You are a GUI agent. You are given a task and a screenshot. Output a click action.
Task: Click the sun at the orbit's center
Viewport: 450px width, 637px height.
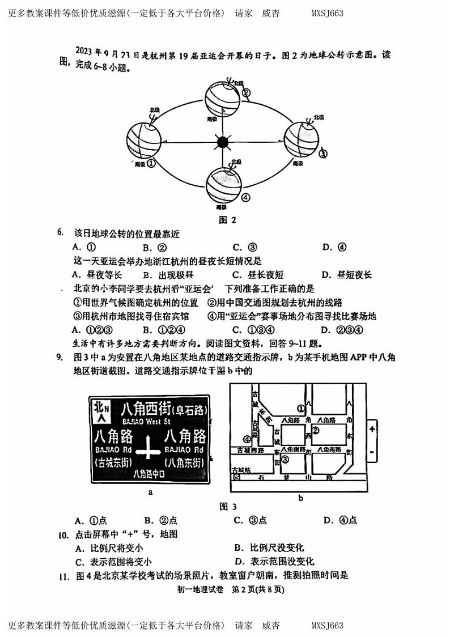[222, 142]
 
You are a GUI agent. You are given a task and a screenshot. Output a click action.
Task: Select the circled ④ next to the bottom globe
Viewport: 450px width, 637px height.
[245, 197]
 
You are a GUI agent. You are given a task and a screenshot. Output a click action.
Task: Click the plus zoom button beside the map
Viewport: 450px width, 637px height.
[372, 429]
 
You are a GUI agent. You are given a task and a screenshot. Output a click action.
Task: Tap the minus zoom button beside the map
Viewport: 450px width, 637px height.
[372, 452]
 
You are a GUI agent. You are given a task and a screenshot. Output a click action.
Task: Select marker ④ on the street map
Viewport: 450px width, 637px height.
[247, 439]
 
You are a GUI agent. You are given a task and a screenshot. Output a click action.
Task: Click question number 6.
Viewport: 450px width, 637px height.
[61, 232]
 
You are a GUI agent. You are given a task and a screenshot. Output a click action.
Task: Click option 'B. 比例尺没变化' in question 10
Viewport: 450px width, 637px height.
[269, 547]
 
